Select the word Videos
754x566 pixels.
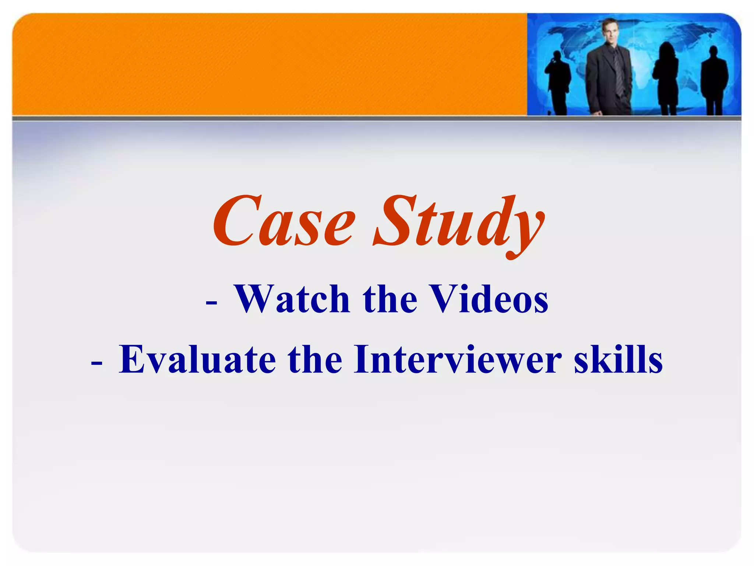pyautogui.click(x=490, y=299)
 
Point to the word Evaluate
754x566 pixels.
pyautogui.click(x=197, y=359)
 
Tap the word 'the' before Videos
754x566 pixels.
pyautogui.click(x=390, y=299)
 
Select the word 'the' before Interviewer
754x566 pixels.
pyautogui.click(x=315, y=359)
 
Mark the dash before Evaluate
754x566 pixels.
pyautogui.click(x=96, y=363)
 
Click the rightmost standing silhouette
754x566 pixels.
pyautogui.click(x=714, y=81)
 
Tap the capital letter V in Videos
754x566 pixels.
pyautogui.click(x=444, y=299)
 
